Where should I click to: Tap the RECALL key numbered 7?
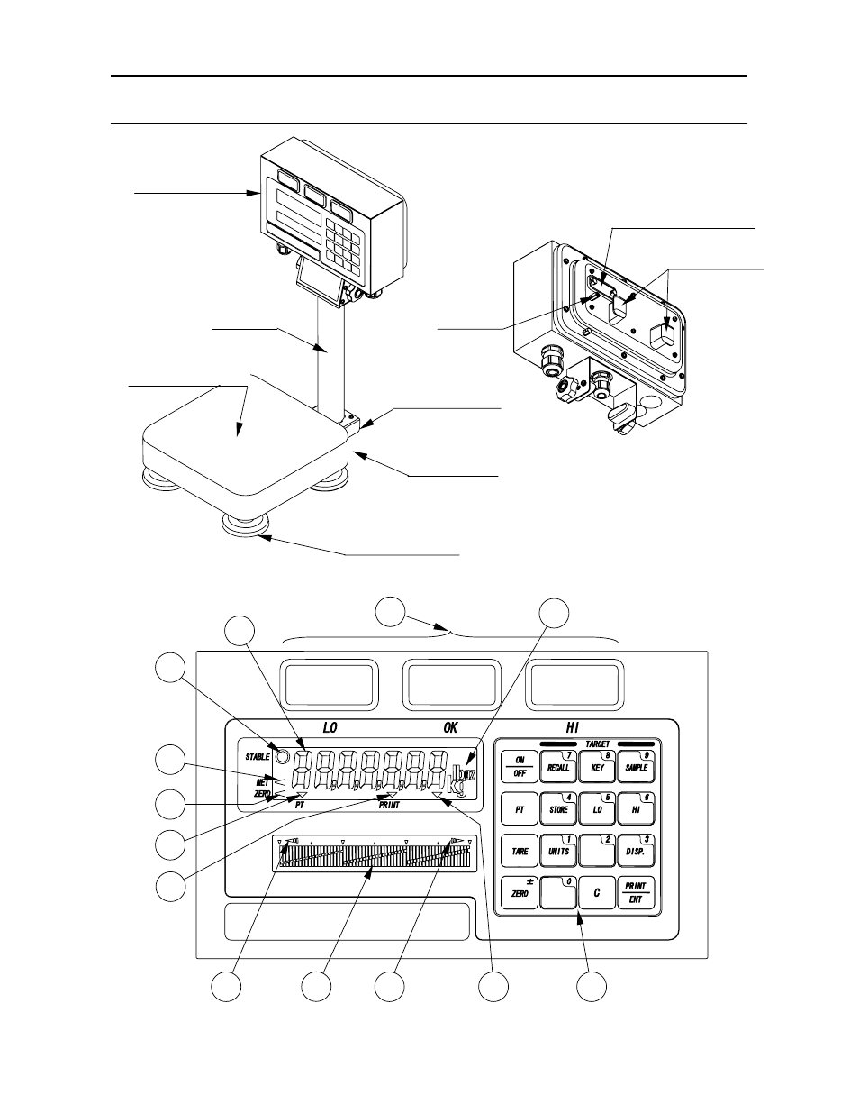pyautogui.click(x=558, y=767)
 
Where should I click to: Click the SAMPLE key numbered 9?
pyautogui.click(x=636, y=767)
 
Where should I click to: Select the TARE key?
pyautogui.click(x=520, y=850)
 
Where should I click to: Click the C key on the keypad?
pyautogui.click(x=596, y=892)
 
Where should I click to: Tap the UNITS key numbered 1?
pyautogui.click(x=558, y=850)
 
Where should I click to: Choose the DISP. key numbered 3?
pyautogui.click(x=636, y=850)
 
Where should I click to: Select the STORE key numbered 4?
pyautogui.click(x=558, y=808)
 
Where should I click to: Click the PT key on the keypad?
pyautogui.click(x=520, y=808)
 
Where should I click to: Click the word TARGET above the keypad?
pyautogui.click(x=597, y=744)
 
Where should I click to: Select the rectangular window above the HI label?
pyautogui.click(x=574, y=684)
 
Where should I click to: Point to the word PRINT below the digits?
pyautogui.click(x=389, y=805)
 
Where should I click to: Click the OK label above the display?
pyautogui.click(x=450, y=726)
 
